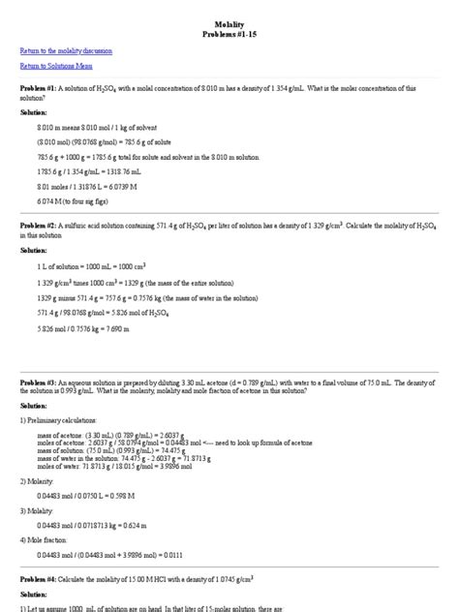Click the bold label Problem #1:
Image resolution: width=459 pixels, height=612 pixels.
(x=41, y=87)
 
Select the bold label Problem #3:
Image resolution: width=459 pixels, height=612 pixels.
(x=41, y=382)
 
